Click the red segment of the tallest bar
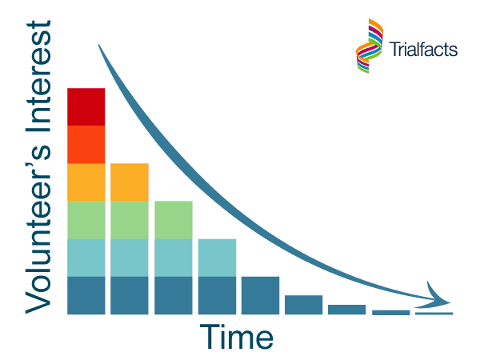pos(86,107)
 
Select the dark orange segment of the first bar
pos(86,145)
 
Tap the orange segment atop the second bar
pos(130,182)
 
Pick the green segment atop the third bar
pos(174,220)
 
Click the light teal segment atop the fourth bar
pos(217,258)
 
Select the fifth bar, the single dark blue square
pos(260,295)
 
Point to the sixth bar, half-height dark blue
pos(303,305)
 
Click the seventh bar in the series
pos(347,310)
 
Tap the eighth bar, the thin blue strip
pos(391,312)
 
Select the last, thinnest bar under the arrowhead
pos(434,313)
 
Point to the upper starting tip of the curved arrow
pos(98,45)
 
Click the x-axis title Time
pos(236,336)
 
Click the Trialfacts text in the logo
pos(423,49)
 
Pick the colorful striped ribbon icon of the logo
pos(370,46)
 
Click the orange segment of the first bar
pos(86,182)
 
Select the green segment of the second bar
pos(130,220)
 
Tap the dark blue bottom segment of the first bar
pos(86,295)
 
